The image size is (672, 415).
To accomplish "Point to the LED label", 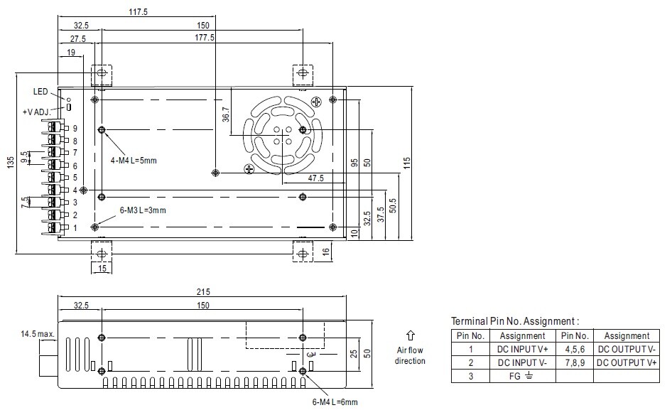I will click(40, 92).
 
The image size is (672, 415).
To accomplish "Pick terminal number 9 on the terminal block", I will click(75, 129).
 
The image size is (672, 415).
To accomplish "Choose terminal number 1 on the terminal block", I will click(75, 228).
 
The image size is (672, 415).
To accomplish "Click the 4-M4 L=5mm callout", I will click(134, 160).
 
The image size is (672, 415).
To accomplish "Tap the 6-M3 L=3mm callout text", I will click(143, 210).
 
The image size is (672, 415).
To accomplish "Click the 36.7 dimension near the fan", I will click(226, 114).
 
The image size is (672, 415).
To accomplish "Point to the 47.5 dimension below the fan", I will click(316, 178).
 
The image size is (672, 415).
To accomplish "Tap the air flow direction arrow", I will click(410, 336).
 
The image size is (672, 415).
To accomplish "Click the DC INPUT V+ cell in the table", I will click(522, 349).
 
